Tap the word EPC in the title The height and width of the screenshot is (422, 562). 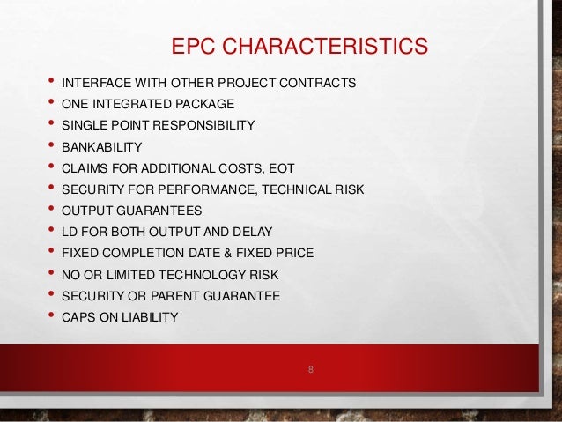point(191,44)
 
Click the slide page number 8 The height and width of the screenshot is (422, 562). point(311,366)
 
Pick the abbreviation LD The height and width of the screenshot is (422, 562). point(70,232)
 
